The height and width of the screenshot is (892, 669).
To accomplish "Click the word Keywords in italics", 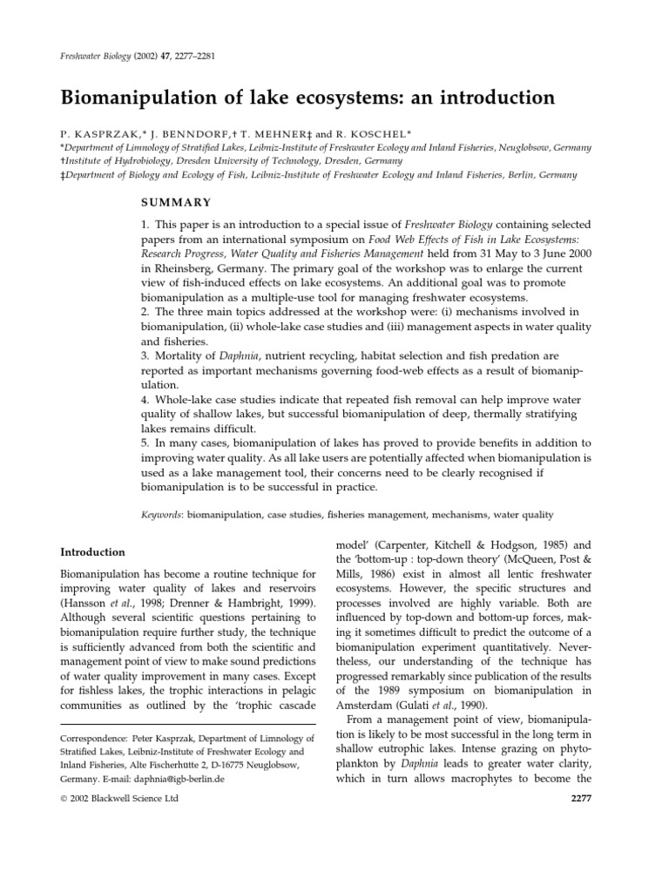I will tap(162, 515).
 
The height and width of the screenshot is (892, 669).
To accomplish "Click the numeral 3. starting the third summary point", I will tap(145, 356).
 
